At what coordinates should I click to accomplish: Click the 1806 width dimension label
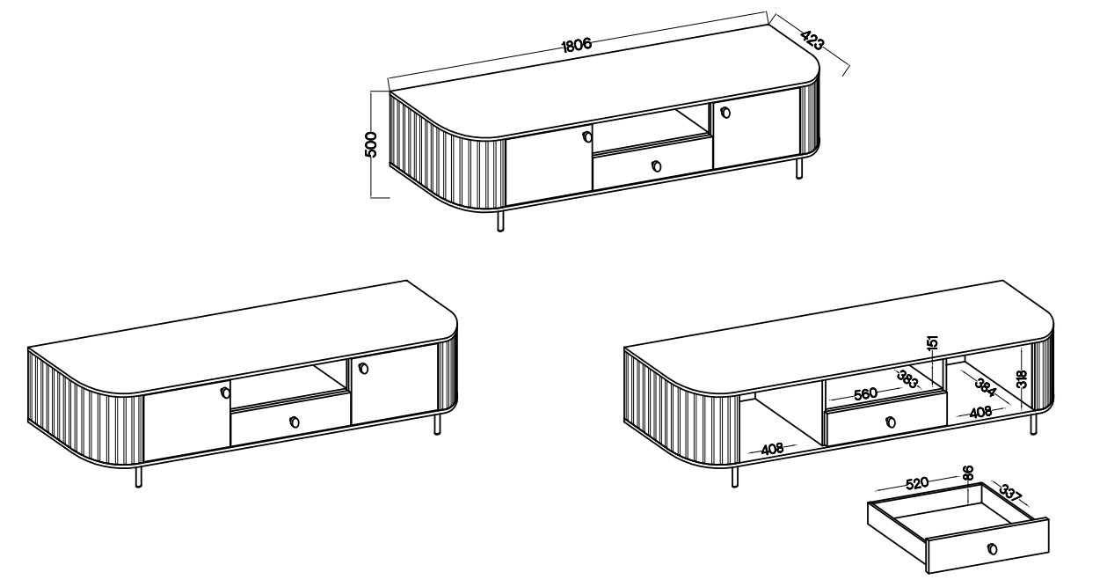(577, 45)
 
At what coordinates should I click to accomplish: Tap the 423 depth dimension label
(812, 40)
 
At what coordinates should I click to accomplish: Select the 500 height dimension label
(371, 144)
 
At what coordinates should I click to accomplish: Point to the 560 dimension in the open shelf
(865, 393)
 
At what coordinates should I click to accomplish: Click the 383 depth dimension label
(907, 379)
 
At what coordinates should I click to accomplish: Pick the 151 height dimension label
(932, 342)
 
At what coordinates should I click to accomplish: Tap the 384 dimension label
(986, 387)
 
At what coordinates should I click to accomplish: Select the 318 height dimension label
(1022, 379)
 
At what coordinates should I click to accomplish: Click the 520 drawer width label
(917, 482)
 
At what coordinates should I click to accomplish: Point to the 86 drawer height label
(968, 473)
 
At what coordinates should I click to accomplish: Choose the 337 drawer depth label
(1010, 493)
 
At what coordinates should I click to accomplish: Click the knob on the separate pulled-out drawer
(993, 548)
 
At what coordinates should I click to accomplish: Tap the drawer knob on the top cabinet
(656, 166)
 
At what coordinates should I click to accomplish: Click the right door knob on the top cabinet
(725, 113)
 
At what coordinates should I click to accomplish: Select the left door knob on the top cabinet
(586, 137)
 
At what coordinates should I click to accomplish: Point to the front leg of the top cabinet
(500, 222)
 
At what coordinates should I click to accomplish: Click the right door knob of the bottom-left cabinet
(363, 368)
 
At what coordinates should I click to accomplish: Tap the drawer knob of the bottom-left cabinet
(294, 422)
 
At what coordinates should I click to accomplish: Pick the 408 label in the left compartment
(772, 449)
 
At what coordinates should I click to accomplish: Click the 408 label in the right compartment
(980, 412)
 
